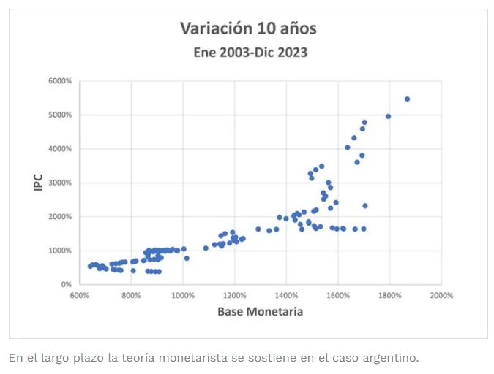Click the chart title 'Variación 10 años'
249,29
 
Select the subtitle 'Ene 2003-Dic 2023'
250,53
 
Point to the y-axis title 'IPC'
37,183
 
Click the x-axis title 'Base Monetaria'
260,312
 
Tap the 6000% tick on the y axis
60,81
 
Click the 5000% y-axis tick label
60,115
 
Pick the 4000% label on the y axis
60,149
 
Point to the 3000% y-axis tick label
60,183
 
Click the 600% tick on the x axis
80,296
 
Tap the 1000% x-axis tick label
183,296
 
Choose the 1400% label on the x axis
286,296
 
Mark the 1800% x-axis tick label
390,296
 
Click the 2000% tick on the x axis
441,296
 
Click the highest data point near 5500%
408,99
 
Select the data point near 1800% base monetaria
389,116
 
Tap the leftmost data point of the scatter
90,266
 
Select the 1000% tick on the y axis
60,251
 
